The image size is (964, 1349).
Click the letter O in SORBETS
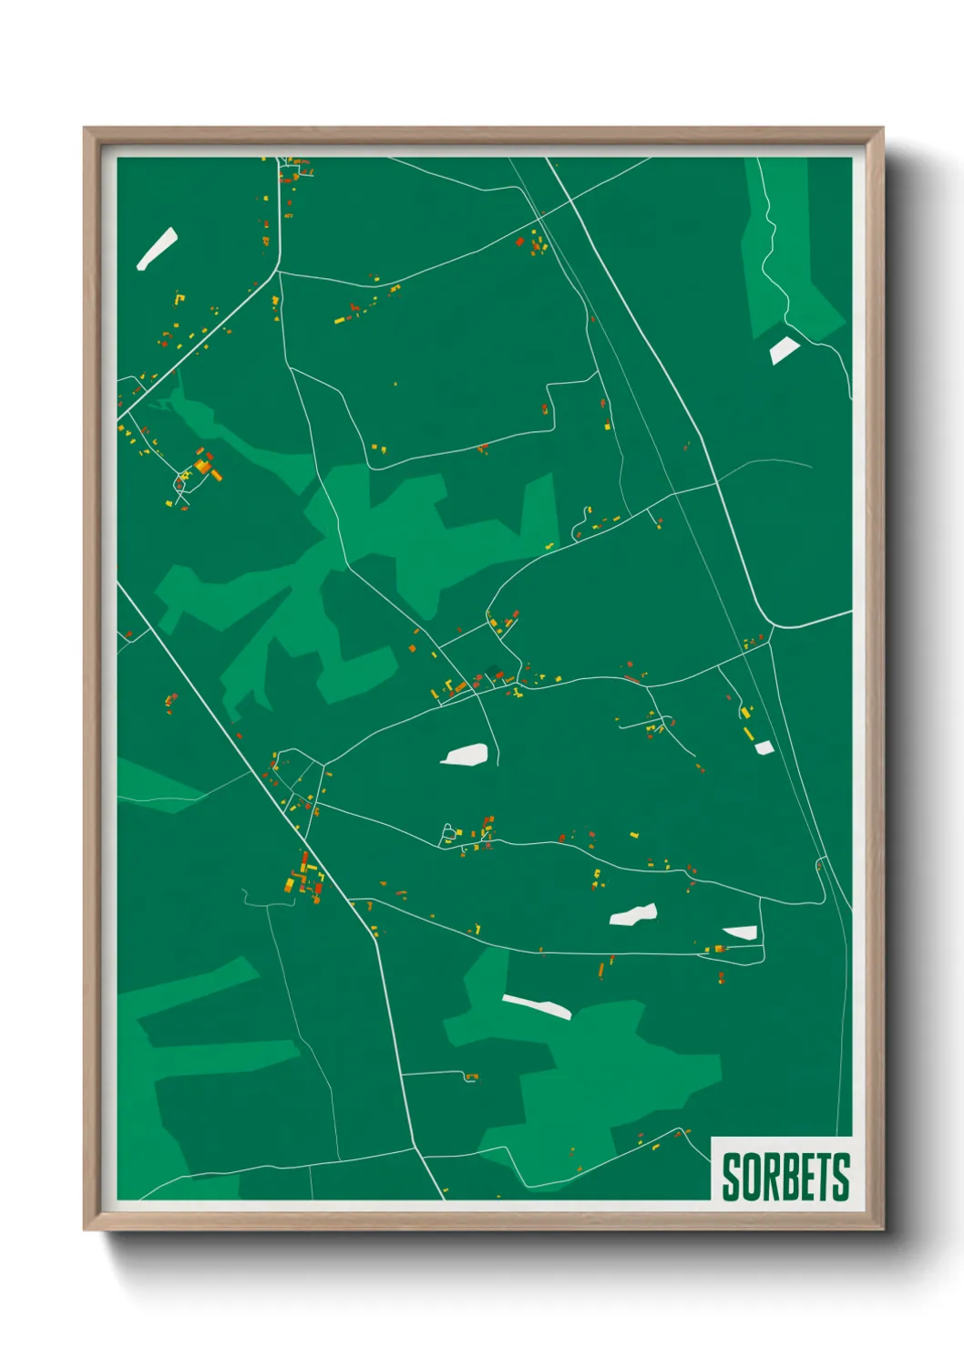[x=750, y=1178]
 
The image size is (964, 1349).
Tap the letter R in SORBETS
[x=769, y=1178]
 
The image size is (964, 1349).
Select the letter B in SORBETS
[x=788, y=1178]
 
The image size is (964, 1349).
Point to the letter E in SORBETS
[x=806, y=1178]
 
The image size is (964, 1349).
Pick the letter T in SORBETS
[x=824, y=1178]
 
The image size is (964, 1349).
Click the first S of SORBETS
[x=731, y=1178]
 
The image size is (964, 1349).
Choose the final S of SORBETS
[x=841, y=1178]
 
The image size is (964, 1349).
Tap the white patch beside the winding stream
[x=783, y=349]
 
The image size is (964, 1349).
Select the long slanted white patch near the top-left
[x=157, y=249]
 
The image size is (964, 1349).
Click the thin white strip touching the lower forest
[x=537, y=1006]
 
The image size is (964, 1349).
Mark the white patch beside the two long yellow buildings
[x=764, y=747]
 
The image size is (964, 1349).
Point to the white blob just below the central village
[x=466, y=755]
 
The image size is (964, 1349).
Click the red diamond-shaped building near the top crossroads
[x=520, y=242]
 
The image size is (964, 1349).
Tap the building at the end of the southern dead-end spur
[x=471, y=1077]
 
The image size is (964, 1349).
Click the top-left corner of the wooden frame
[x=85, y=129]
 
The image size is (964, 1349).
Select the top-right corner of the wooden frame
[x=882, y=129]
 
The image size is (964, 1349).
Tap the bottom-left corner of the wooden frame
[x=85, y=1230]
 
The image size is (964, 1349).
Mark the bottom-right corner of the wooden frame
[x=882, y=1230]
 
